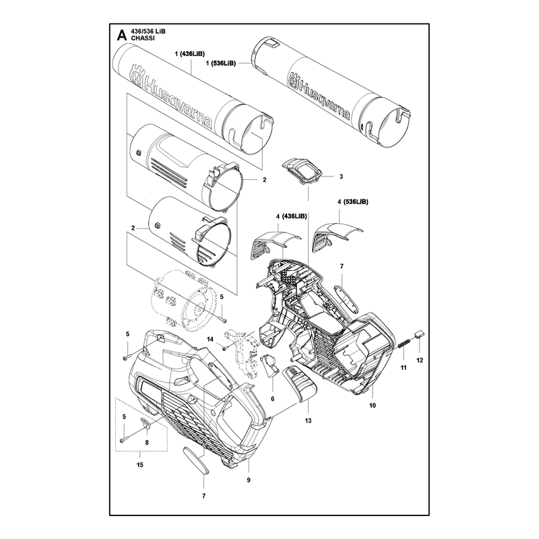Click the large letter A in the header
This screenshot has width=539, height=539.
pyautogui.click(x=122, y=36)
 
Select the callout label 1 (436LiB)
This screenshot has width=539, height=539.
pyautogui.click(x=190, y=54)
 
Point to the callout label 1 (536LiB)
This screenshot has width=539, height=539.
pyautogui.click(x=221, y=63)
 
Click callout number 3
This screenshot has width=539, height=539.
pyautogui.click(x=341, y=177)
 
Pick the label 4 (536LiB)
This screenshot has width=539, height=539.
pyautogui.click(x=352, y=201)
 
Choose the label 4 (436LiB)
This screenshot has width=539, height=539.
pyautogui.click(x=291, y=216)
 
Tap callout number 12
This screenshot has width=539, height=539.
pyautogui.click(x=419, y=360)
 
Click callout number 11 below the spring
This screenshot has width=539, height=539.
pyautogui.click(x=404, y=367)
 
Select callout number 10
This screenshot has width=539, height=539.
pyautogui.click(x=373, y=406)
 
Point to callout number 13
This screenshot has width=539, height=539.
pyautogui.click(x=308, y=420)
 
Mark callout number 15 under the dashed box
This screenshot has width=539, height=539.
pyautogui.click(x=140, y=465)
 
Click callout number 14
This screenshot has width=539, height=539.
pyautogui.click(x=210, y=340)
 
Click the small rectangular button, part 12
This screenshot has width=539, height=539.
pyautogui.click(x=420, y=334)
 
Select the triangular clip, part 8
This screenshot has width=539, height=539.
pyautogui.click(x=146, y=424)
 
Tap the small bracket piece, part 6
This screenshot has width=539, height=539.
pyautogui.click(x=271, y=366)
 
